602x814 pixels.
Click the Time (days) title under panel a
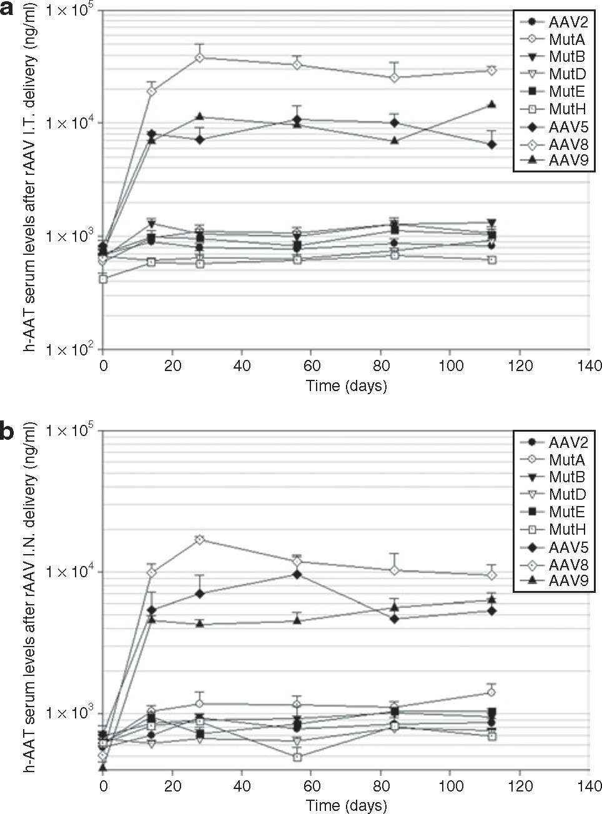tap(346, 385)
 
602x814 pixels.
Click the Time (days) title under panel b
tap(346, 806)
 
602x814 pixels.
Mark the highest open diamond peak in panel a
tap(200, 57)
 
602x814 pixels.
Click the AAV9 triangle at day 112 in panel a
tap(491, 104)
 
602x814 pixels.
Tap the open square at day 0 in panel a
tap(104, 279)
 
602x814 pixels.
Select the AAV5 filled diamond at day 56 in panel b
tap(297, 574)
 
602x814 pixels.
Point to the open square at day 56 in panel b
tap(297, 757)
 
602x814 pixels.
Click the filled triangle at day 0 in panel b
tap(103, 767)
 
